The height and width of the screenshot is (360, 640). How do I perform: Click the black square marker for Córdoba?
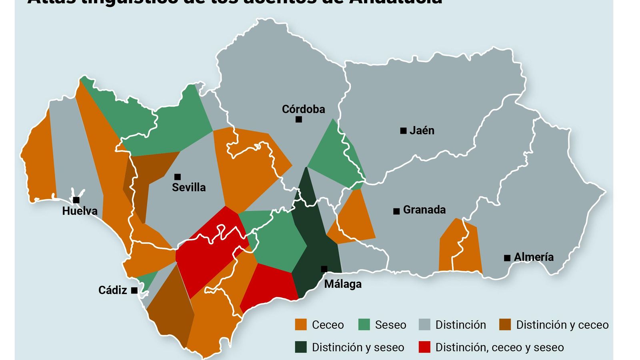298,119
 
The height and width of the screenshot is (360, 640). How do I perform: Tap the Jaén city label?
422,130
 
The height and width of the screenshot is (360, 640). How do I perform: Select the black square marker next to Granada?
396,211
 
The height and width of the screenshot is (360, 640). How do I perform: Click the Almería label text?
534,257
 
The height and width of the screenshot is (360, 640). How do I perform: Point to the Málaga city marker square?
324,269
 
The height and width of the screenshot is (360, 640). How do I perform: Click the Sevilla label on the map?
189,187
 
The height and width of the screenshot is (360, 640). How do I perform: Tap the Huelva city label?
80,211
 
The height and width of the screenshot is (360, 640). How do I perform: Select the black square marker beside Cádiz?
134,290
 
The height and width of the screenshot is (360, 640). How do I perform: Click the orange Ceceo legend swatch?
301,324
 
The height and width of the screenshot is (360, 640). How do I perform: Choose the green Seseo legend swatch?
364,324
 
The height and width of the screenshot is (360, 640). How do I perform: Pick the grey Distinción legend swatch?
424,324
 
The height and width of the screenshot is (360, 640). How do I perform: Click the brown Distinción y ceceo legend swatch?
505,324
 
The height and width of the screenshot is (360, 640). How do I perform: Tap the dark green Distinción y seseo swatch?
301,347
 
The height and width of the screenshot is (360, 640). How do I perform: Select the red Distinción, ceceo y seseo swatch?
424,347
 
